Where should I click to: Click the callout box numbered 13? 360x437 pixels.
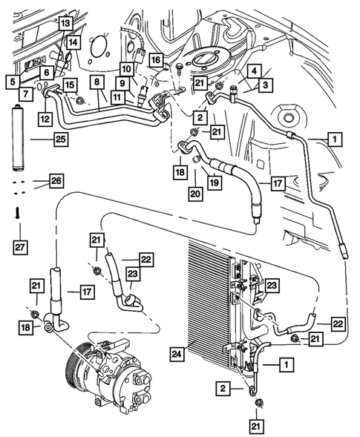click(x=65, y=24)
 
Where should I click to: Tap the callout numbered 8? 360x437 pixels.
click(x=96, y=82)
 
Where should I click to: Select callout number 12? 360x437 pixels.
click(x=45, y=117)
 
